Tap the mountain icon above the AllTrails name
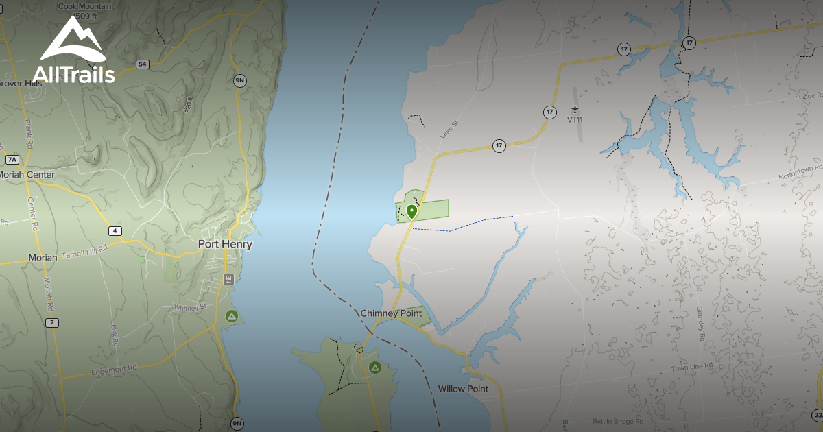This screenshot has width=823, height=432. [71, 40]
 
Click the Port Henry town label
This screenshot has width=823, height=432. [225, 244]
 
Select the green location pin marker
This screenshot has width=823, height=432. [411, 212]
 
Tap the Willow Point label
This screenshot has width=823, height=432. [463, 389]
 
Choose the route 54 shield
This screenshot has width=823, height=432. [142, 64]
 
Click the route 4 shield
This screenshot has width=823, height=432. [115, 230]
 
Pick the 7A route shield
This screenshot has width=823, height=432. [12, 159]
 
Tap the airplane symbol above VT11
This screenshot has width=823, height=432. [575, 109]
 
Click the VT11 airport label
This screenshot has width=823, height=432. [575, 119]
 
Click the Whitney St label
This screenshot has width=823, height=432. [189, 308]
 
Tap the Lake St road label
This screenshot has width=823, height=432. [449, 128]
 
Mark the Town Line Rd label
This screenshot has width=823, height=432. [688, 368]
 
